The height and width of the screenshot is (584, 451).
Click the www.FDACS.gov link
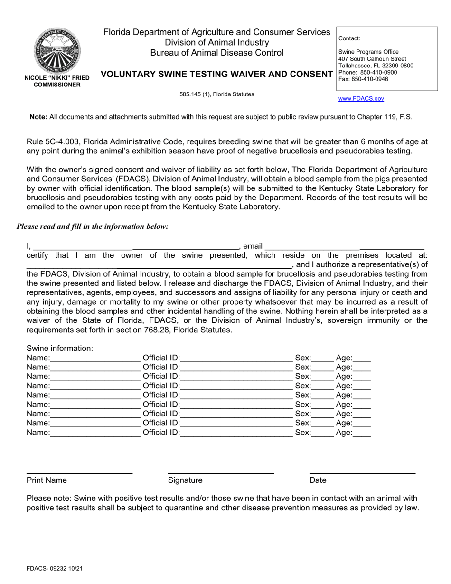point(361,99)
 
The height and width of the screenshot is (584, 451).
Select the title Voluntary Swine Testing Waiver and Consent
point(216,74)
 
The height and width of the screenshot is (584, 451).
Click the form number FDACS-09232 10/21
point(56,568)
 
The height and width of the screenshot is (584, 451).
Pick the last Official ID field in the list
point(236,433)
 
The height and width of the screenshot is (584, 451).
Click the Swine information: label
point(60,348)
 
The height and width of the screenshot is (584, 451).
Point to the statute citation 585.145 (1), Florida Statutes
point(216,94)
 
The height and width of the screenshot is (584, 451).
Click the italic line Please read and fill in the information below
point(93,226)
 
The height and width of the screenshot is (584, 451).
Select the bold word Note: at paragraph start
point(38,117)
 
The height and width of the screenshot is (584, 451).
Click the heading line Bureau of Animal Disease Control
point(216,53)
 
